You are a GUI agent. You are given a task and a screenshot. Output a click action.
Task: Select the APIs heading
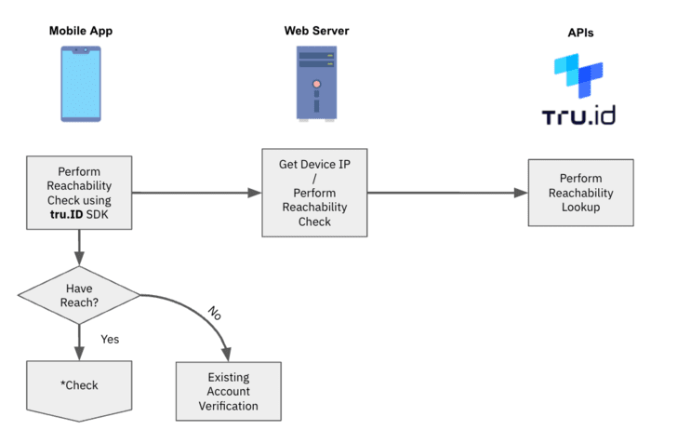580,33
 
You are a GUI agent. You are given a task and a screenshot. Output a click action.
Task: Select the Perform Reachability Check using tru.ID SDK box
80,193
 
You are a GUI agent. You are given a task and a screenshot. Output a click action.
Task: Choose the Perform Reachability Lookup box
580,193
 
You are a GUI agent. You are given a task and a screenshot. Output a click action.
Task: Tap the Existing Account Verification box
229,392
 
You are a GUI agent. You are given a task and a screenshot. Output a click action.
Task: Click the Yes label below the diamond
110,339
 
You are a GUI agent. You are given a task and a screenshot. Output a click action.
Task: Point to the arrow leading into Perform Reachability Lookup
447,193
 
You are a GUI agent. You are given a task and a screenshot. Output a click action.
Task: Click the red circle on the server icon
316,83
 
